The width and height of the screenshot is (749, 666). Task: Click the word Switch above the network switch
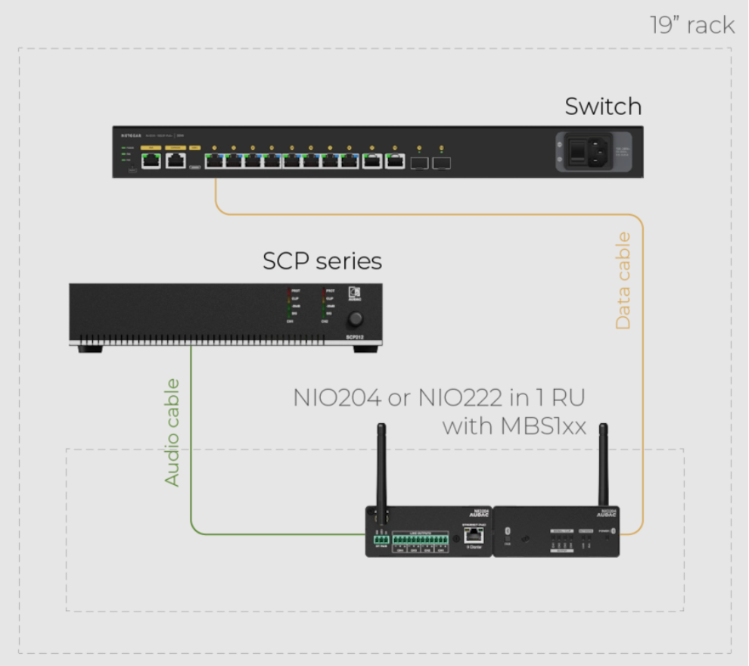point(603,107)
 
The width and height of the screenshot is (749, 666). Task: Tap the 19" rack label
point(692,25)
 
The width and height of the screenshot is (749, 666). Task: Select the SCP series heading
point(322,262)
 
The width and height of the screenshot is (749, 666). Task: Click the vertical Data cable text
point(623,281)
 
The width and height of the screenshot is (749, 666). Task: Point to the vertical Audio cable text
point(173,431)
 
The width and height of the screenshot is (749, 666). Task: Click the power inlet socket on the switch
point(592,153)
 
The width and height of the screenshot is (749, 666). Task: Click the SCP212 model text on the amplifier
point(356,337)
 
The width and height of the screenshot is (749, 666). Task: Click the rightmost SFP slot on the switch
point(442,161)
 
